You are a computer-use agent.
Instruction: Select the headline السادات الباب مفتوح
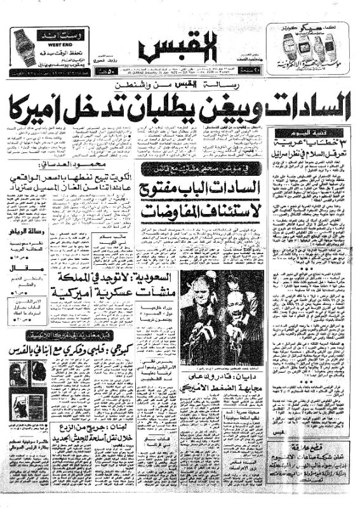coord(201,189)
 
